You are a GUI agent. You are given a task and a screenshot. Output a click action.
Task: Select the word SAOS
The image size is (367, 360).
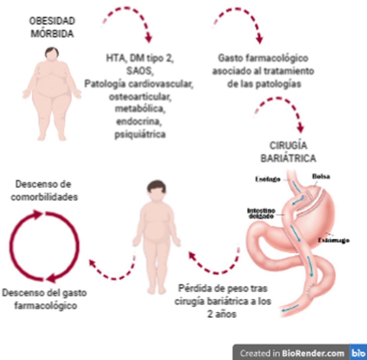point(139,71)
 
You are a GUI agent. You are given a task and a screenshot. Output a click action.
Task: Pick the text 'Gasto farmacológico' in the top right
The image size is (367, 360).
point(263,58)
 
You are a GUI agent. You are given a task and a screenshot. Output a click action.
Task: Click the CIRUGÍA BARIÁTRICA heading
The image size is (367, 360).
point(287,152)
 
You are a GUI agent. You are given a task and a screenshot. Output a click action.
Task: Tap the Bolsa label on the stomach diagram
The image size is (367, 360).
point(321,177)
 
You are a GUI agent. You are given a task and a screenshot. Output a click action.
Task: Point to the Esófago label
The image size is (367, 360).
point(268,179)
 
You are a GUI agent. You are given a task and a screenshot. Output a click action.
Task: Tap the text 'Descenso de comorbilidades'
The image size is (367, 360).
point(44,190)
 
